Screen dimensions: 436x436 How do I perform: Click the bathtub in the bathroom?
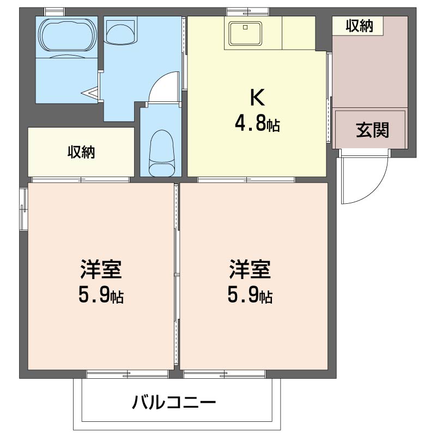point(68,35)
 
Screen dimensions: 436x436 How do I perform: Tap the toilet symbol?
point(161,153)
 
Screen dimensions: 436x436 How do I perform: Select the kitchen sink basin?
point(245,33)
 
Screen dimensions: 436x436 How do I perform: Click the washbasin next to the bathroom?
point(121,33)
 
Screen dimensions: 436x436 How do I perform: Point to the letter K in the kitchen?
point(257,97)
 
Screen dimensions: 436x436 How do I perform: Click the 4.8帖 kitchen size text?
point(257,124)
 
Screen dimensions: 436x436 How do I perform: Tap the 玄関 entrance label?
point(372,130)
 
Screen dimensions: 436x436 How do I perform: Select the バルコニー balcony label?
point(174,402)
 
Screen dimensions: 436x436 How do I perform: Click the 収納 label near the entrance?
point(359,26)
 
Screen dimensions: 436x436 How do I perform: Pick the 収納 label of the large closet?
point(81,152)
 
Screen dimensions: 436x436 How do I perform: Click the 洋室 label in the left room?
point(101,269)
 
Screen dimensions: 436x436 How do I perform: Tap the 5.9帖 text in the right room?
point(250,295)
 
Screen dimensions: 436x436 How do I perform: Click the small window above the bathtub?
point(55,12)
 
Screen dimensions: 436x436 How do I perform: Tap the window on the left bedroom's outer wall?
point(23,209)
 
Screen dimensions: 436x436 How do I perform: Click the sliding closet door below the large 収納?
point(81,180)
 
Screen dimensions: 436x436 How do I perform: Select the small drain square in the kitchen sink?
point(245,27)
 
